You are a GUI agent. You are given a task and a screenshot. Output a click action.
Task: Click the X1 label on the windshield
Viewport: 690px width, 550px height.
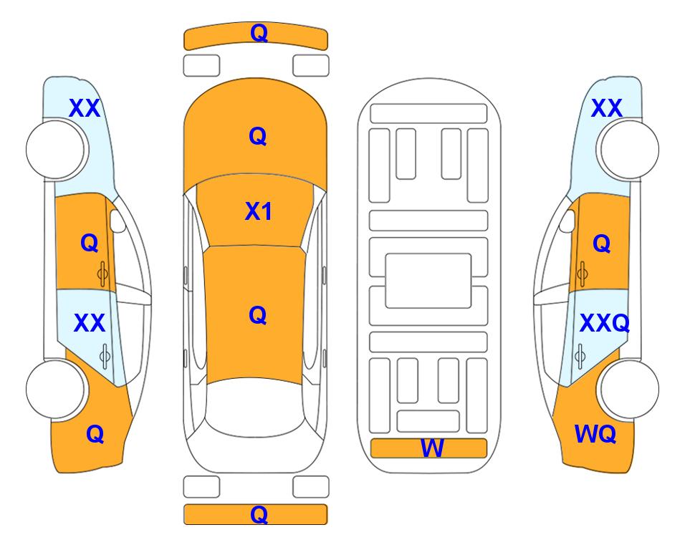259,211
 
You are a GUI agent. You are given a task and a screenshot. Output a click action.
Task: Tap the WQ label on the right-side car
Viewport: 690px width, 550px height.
595,434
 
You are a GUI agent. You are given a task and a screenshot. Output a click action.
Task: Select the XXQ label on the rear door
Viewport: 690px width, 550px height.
605,324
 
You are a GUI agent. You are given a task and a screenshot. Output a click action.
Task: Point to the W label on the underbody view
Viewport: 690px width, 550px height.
432,448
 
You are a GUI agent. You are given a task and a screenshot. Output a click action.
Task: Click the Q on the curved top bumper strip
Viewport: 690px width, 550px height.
259,32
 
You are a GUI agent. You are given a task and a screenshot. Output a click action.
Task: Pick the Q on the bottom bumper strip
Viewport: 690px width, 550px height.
259,514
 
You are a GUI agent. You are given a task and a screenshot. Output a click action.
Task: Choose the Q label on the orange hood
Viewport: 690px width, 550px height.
258,136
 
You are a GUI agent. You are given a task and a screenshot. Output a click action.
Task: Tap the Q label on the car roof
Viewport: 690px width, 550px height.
258,315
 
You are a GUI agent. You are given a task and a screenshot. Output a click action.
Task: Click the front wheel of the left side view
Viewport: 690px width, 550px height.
55,150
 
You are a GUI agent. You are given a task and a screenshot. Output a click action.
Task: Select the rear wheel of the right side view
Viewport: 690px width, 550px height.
630,389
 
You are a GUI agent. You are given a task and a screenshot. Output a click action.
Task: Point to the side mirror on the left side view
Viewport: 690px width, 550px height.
118,221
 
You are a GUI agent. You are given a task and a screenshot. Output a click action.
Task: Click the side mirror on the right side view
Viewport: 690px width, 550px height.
567,221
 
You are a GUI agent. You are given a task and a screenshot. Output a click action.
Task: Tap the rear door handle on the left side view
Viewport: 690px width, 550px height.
104,356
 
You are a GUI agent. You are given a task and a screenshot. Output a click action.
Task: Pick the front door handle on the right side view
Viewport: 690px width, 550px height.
582,274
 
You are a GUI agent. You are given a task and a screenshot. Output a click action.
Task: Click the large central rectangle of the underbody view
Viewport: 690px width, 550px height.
428,281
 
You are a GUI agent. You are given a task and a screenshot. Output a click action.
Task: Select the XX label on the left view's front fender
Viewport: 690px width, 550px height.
85,108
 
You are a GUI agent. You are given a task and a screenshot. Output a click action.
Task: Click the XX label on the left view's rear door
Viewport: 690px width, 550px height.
90,324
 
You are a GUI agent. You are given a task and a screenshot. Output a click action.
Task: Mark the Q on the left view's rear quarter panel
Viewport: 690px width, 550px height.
95,434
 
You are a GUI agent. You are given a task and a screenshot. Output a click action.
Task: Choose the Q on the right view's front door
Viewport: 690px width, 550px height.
602,243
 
